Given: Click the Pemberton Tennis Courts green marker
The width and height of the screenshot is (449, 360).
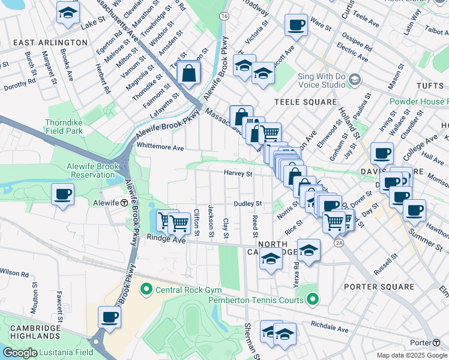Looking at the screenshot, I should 312,298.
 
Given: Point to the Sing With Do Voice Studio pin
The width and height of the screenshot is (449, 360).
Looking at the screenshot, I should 355,79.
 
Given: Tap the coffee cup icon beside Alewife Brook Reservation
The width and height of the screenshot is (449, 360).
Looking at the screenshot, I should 62,194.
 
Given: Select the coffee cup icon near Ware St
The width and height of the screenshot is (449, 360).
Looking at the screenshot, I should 296,25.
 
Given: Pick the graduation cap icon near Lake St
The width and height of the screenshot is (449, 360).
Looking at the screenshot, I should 68,11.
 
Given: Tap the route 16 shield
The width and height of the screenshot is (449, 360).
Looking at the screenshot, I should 224,15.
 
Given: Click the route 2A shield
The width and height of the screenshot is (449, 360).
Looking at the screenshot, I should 340,242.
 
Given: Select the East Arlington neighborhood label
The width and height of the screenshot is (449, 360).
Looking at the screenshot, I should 50,43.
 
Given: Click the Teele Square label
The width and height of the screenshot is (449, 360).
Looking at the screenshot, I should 306,102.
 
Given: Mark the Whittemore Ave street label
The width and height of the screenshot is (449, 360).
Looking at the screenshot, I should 160,147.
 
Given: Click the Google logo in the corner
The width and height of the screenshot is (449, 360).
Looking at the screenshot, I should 20,353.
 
